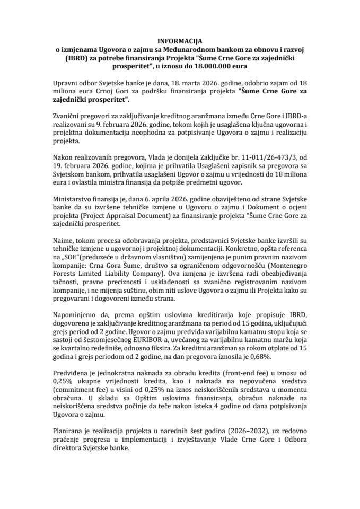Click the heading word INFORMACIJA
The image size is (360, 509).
pos(180,40)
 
